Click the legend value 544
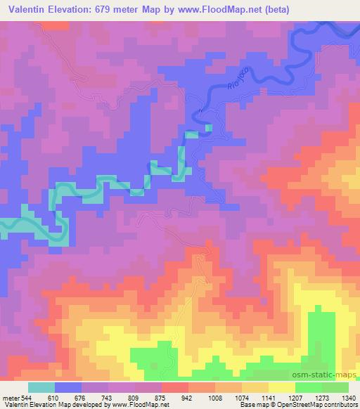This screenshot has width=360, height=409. tap(22, 397)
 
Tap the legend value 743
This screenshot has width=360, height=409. tap(105, 397)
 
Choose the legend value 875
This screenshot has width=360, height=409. tap(162, 397)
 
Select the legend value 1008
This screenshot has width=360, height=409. tap(216, 397)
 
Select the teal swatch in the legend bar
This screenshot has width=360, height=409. tap(41, 387)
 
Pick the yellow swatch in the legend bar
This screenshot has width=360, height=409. tap(281, 387)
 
